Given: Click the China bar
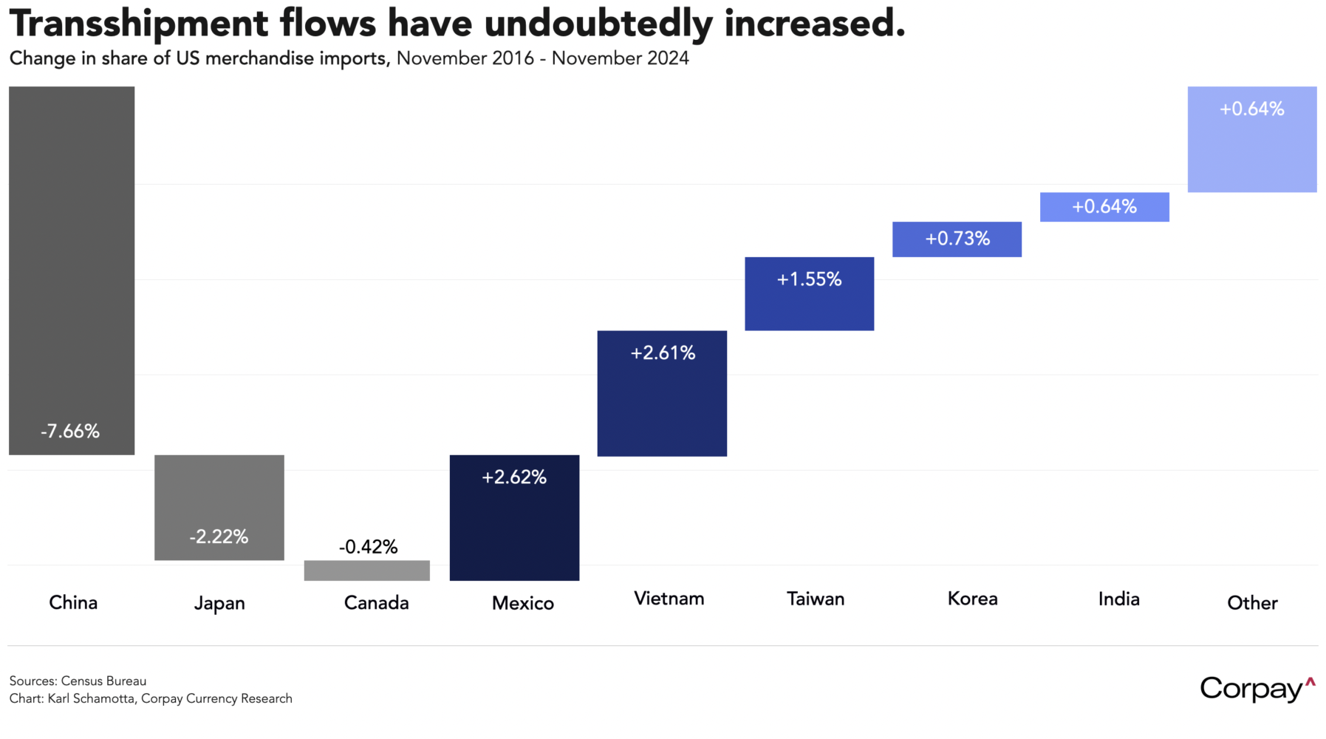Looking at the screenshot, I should [x=72, y=270].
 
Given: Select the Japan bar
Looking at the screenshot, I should [x=219, y=507].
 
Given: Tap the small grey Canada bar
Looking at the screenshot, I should [x=367, y=571].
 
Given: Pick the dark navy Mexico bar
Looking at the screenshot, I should [x=514, y=517].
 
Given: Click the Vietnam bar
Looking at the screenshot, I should [x=662, y=393].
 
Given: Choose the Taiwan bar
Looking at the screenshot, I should [x=809, y=293].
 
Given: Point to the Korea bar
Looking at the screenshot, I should [x=957, y=239].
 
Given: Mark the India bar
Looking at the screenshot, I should [x=1104, y=207].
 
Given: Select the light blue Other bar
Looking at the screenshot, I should [x=1252, y=139].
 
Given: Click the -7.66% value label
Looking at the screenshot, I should [x=70, y=432].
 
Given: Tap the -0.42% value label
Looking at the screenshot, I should [x=368, y=547].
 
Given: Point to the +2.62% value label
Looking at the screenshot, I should [x=514, y=477].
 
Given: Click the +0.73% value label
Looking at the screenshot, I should [x=957, y=239].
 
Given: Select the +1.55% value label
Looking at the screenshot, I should [x=809, y=279].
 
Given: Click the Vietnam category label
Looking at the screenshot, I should [x=669, y=599].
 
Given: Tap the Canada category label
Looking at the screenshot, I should [x=376, y=603].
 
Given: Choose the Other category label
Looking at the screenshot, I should [x=1252, y=603].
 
